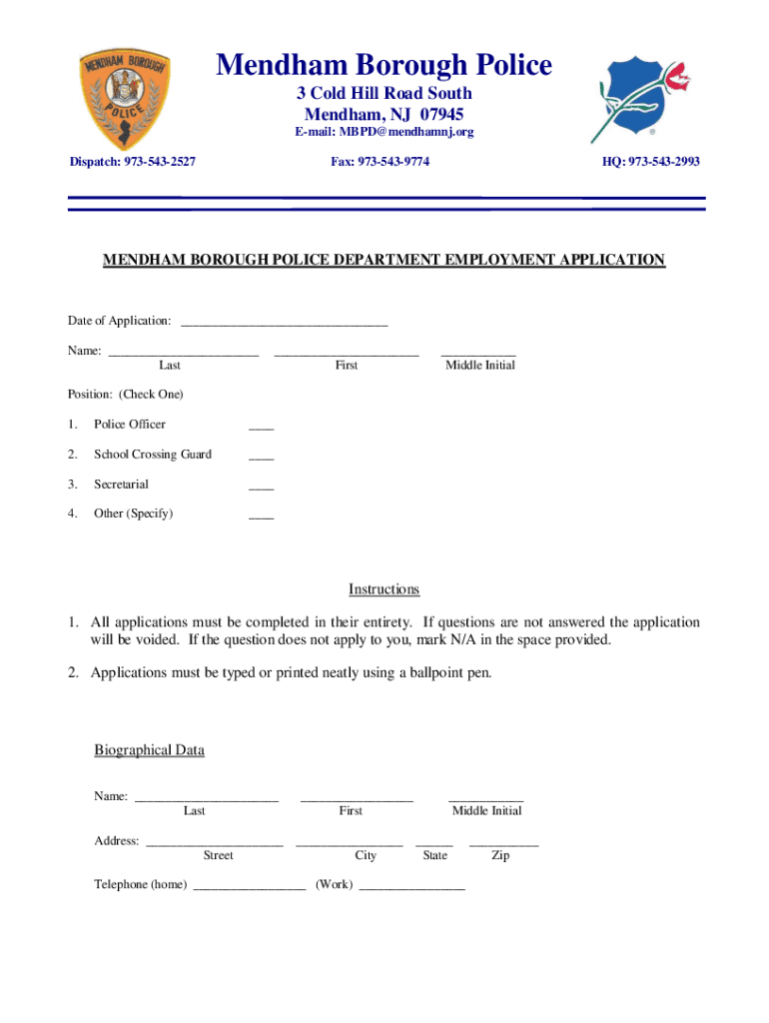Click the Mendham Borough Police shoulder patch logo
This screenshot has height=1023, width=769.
[x=125, y=100]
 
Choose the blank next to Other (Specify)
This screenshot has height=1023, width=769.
[x=261, y=516]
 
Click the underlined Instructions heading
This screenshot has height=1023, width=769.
[x=384, y=589]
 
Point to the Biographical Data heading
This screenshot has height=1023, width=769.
[x=149, y=750]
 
